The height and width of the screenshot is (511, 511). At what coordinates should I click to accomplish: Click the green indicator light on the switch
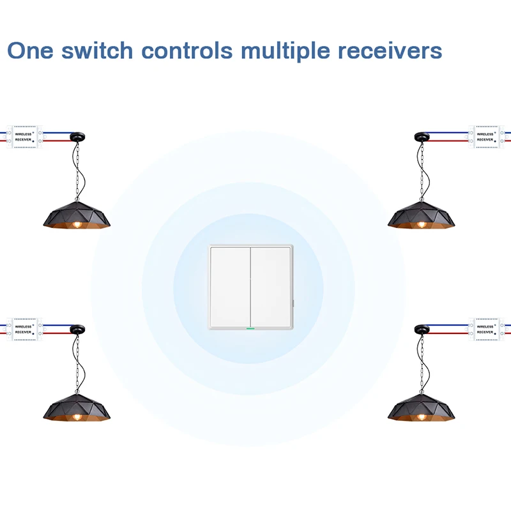(251, 330)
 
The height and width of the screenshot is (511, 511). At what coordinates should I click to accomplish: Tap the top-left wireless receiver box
(24, 137)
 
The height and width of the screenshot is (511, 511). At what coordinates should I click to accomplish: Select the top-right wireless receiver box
(487, 137)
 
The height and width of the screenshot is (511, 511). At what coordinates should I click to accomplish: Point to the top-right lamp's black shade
(422, 208)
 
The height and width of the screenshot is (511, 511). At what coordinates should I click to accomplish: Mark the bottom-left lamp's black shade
(77, 400)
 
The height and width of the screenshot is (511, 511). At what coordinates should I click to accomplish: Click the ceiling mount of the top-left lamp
(77, 137)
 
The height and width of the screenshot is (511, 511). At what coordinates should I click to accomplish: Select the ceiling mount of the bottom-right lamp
(422, 330)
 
